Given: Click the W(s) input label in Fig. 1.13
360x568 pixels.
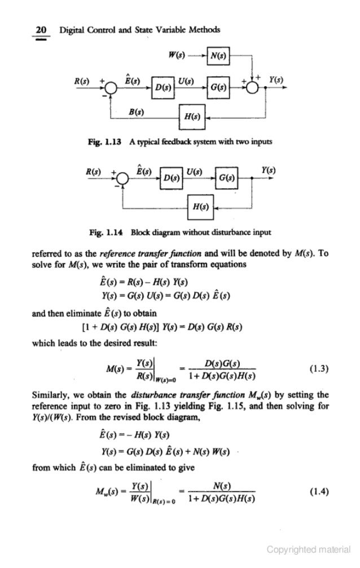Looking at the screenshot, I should point(178,56).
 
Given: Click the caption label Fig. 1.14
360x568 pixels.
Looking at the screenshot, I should point(114,231).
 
